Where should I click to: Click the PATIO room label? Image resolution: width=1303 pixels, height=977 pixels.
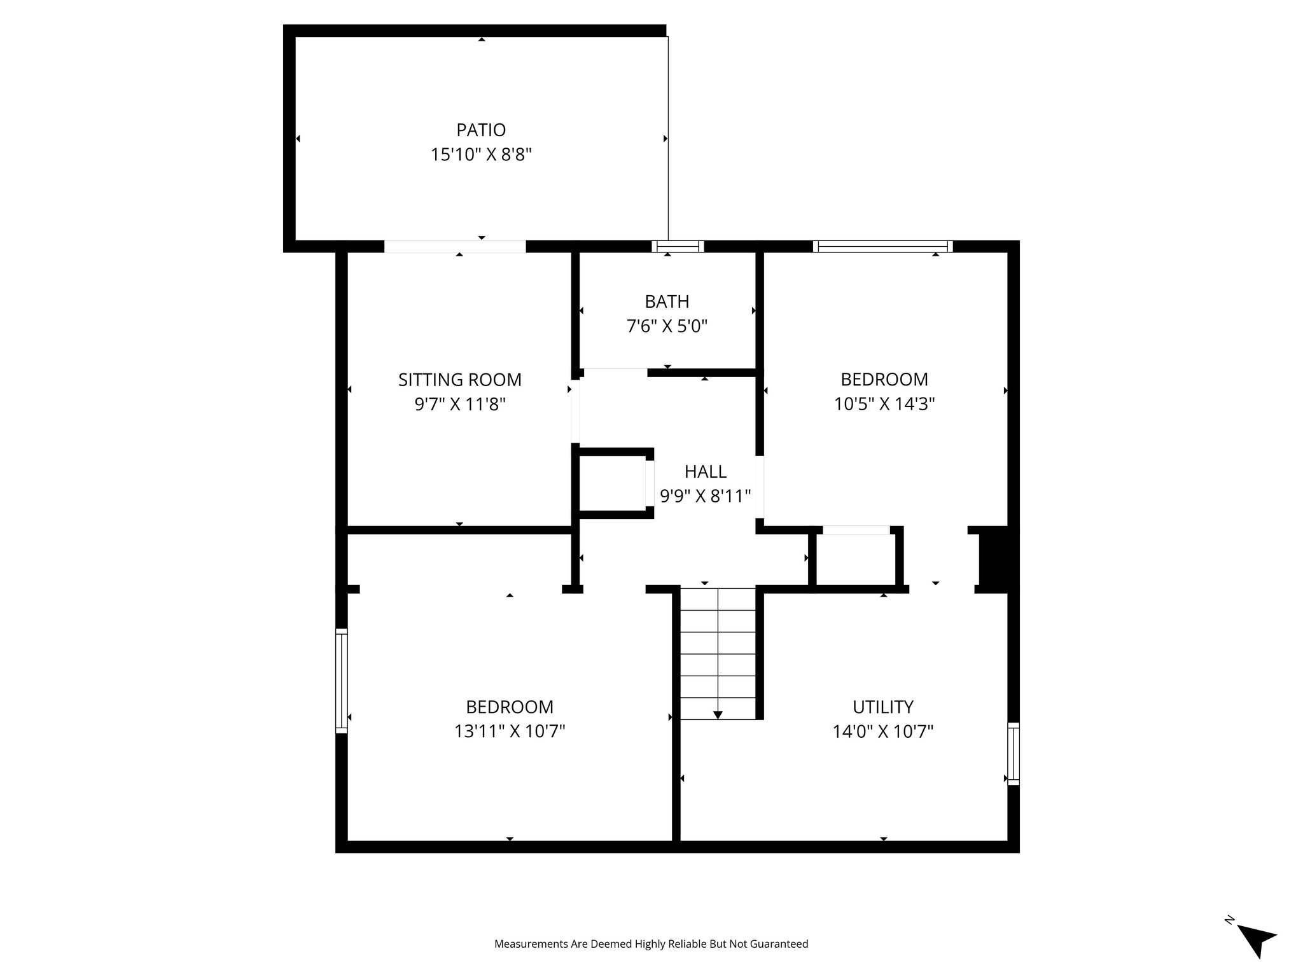click(481, 130)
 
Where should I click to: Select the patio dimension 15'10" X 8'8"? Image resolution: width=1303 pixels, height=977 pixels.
click(481, 155)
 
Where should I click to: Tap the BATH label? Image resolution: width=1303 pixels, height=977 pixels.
click(667, 301)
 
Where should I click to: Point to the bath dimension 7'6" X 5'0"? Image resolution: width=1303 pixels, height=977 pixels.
click(667, 326)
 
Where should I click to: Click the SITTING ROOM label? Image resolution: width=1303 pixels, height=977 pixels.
click(459, 380)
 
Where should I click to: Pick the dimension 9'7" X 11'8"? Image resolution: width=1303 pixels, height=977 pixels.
click(459, 405)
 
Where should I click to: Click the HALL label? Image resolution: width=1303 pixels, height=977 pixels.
click(705, 471)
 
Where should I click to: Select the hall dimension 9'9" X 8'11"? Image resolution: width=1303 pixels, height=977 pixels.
click(705, 496)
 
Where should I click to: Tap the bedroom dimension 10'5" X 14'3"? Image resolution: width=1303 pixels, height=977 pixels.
click(884, 404)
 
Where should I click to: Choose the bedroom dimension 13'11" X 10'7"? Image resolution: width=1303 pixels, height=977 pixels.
click(509, 731)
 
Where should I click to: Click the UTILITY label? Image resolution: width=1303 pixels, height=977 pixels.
click(883, 707)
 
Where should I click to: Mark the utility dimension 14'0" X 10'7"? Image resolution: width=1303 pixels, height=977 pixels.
click(883, 731)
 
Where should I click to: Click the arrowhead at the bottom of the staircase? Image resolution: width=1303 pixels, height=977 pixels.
click(718, 714)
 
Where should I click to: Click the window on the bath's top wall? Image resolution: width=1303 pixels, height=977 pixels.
click(678, 247)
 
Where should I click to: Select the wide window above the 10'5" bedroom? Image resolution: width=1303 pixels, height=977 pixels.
click(883, 247)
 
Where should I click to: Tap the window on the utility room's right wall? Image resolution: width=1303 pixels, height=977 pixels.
click(1014, 754)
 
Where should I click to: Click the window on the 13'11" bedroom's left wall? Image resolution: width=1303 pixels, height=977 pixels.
click(342, 681)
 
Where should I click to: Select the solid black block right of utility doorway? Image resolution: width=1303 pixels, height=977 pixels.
click(997, 560)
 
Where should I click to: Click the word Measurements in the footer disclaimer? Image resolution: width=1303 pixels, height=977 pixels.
click(531, 944)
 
